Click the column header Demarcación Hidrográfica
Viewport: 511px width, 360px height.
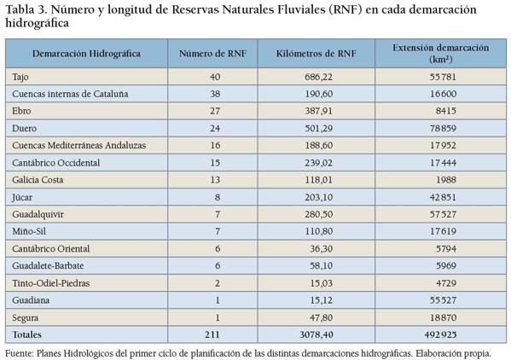[x=86, y=54]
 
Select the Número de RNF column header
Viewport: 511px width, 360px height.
[x=212, y=54]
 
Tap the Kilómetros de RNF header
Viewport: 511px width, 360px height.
[x=316, y=54]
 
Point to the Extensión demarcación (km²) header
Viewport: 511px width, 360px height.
[x=440, y=54]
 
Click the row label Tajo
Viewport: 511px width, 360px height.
[x=20, y=78]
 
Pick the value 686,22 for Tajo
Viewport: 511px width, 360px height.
[x=319, y=77]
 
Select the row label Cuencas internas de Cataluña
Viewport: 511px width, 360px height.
[x=70, y=94]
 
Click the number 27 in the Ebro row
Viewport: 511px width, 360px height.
[x=215, y=111]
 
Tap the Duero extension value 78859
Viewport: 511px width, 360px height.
[x=443, y=128]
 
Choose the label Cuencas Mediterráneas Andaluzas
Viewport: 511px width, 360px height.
[x=78, y=145]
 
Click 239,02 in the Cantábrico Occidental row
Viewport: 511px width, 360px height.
[x=319, y=163]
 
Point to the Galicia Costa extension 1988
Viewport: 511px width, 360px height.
[x=446, y=180]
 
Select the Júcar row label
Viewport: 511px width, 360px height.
[x=22, y=197]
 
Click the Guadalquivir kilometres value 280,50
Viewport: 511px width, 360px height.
[x=319, y=214]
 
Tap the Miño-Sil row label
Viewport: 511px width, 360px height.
[x=29, y=231]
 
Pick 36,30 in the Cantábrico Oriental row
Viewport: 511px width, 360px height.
[x=322, y=248]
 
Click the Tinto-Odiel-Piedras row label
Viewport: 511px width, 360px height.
[x=51, y=283]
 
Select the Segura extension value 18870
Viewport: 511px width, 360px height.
[x=443, y=317]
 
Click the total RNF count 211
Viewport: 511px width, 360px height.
[x=212, y=334]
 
